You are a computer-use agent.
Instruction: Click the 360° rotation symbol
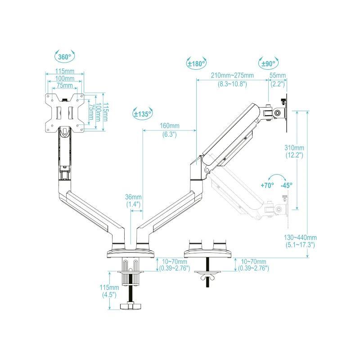pos(64,57)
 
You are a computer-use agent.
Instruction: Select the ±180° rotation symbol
pos(196,63)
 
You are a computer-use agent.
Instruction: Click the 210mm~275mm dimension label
pos(232,75)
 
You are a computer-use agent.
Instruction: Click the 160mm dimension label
pos(170,126)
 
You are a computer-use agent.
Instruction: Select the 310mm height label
pos(295,148)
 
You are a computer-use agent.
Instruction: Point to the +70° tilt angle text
pos(267,185)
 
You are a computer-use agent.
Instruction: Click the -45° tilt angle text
pos(286,185)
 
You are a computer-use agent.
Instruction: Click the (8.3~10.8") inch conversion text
pos(232,84)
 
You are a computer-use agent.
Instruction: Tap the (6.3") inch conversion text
pos(170,134)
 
